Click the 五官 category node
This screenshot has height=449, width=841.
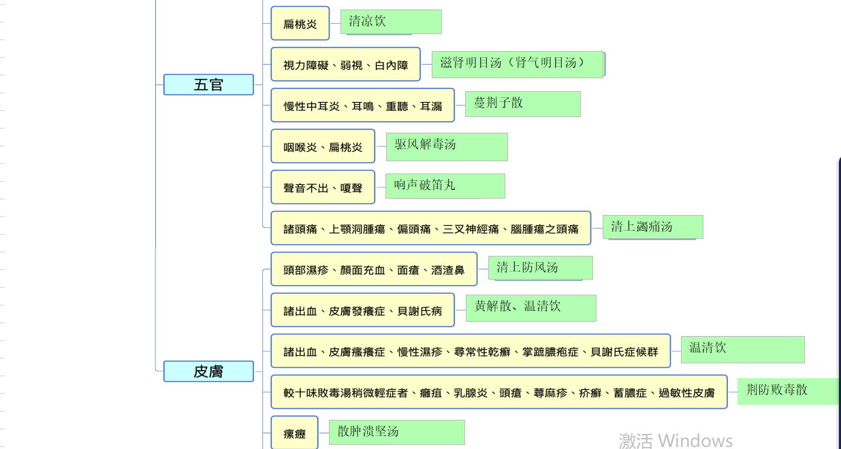[x=208, y=85]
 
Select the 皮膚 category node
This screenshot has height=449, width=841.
[x=208, y=371]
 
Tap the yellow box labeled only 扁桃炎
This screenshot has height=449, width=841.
[x=300, y=24]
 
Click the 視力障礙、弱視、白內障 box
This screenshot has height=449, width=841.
[x=345, y=65]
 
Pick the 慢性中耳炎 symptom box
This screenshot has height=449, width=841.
[x=362, y=105]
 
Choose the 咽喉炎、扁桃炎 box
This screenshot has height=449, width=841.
[x=323, y=146]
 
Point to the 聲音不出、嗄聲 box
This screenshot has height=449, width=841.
[x=323, y=187]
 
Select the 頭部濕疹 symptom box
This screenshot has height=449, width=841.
[x=373, y=269]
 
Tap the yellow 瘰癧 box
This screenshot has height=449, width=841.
[x=294, y=433]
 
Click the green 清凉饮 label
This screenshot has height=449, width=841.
[x=391, y=22]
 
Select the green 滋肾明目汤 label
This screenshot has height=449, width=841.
[x=518, y=64]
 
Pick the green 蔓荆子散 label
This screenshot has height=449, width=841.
[x=522, y=104]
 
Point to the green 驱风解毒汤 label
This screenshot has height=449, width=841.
[x=447, y=146]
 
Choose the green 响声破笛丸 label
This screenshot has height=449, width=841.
[x=445, y=186]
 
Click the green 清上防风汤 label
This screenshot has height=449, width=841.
[x=540, y=267]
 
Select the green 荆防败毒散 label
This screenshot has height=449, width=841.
[x=788, y=391]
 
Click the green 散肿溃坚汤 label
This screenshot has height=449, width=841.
[x=396, y=432]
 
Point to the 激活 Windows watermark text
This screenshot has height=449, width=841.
[x=676, y=440]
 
